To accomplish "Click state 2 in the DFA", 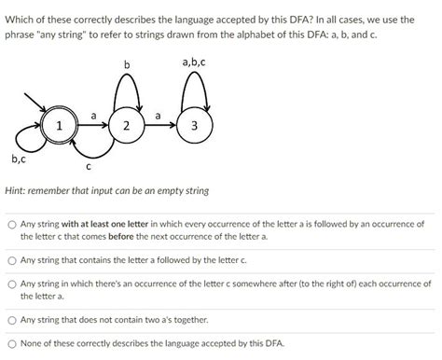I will click(127, 126).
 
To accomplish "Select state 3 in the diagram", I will click(194, 126).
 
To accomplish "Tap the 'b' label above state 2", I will click(128, 62).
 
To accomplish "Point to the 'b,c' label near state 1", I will click(18, 159).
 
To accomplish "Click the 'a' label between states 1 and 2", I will click(93, 115).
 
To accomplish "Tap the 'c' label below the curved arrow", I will click(88, 168).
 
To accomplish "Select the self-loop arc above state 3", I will click(194, 81).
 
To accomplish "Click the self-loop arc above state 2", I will click(128, 81).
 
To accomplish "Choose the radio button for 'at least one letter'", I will click(10, 225).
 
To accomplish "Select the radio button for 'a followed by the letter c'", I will click(10, 260).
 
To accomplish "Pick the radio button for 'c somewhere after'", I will click(10, 284).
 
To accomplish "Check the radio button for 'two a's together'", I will click(10, 319).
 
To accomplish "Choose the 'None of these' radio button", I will click(10, 343).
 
